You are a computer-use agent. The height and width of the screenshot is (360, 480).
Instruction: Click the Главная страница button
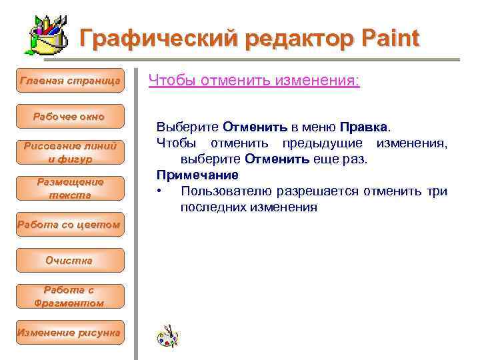70,81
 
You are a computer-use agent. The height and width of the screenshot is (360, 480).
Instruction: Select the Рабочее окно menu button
70,117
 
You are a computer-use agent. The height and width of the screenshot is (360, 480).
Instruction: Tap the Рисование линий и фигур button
70,153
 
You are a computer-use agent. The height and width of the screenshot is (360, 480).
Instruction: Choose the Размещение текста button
70,189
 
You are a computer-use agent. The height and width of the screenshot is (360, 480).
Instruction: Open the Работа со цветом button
70,225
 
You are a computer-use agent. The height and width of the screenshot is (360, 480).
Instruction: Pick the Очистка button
70,261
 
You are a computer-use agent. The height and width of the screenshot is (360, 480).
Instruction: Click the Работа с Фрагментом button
70,297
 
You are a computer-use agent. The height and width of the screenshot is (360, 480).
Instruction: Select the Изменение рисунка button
70,332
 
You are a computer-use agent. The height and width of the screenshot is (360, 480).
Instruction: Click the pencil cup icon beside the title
49,36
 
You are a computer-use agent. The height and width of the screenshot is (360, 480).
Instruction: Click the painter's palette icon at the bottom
167,336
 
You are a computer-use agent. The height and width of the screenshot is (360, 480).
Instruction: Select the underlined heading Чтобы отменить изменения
254,81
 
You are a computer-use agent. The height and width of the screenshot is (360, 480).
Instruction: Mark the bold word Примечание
197,175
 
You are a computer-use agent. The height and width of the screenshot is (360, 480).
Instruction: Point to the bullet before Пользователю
159,192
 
